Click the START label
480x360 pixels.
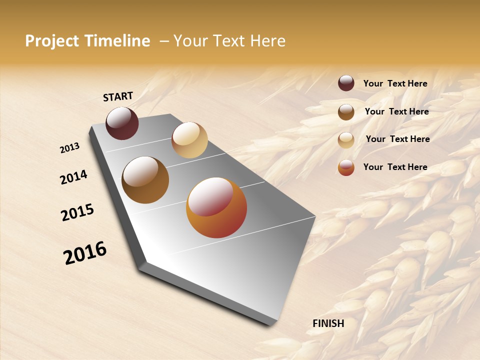[118, 96]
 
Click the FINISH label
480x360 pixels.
[328, 323]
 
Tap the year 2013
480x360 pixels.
[69, 148]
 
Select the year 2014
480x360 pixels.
[73, 177]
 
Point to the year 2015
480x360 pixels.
[77, 212]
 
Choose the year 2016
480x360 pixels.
[85, 253]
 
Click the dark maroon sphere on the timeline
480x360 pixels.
[122, 123]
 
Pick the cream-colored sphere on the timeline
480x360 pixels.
[189, 140]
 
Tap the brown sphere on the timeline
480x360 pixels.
[145, 180]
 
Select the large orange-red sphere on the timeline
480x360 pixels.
[216, 207]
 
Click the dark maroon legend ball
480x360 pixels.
[346, 83]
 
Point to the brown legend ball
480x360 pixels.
[346, 112]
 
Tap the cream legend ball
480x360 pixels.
[346, 140]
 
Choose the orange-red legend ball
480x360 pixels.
[346, 167]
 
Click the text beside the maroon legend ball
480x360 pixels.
[395, 83]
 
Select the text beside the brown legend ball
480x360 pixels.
[396, 111]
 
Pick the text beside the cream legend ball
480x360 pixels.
[397, 139]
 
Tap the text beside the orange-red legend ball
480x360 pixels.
[395, 167]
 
